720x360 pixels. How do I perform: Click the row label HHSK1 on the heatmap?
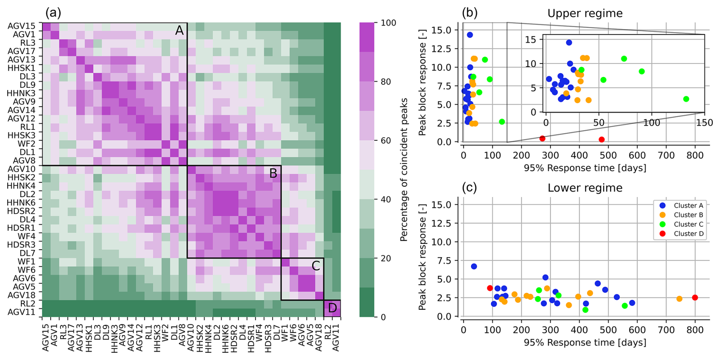coord(21,68)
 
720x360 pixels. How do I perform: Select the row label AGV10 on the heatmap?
coord(21,169)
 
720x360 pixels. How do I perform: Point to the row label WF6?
coord(26,270)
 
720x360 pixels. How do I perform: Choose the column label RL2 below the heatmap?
coord(328,330)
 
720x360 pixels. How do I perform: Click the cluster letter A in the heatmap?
coord(179,30)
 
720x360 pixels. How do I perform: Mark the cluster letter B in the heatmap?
coord(273,174)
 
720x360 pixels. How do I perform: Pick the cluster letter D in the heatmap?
coord(332,308)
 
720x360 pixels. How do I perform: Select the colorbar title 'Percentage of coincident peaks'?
coord(404,170)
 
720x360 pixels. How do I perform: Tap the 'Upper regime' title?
coord(585,13)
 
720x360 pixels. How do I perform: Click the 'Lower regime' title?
coord(585,188)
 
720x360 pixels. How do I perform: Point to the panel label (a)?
coord(53,13)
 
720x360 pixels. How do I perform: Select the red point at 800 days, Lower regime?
coord(695,298)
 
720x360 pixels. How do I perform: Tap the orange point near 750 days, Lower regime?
coord(679,299)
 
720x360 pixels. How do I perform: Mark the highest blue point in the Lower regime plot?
coord(474,266)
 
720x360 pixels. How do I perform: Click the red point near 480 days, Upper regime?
coord(601,140)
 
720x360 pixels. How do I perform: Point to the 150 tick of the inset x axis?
coord(704,123)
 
